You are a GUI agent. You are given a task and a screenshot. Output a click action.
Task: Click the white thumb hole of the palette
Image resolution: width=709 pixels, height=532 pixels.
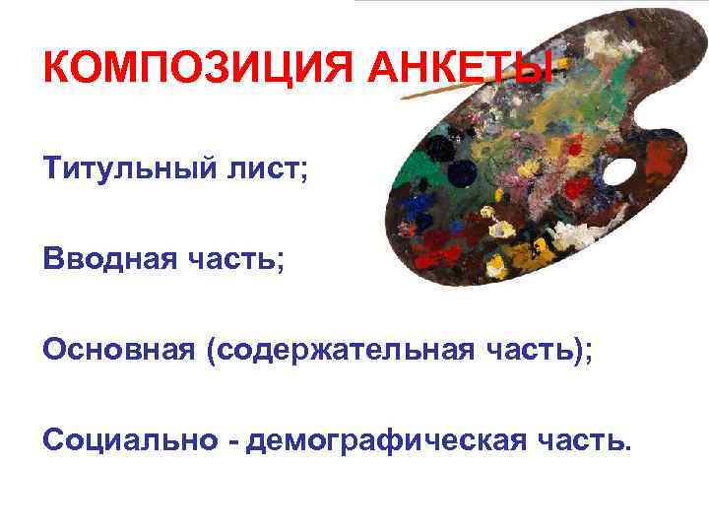pyautogui.click(x=619, y=171)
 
